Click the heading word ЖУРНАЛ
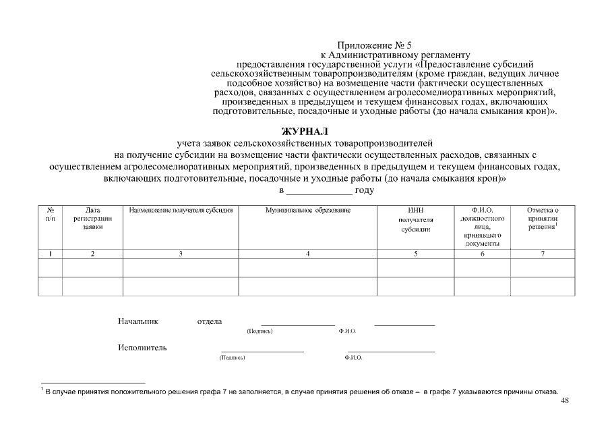(x=305, y=131)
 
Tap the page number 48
(x=565, y=401)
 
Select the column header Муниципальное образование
(x=308, y=211)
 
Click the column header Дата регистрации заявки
(x=92, y=219)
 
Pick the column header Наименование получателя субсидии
(x=181, y=211)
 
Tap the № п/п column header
(x=50, y=215)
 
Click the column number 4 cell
(x=308, y=253)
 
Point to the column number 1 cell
(x=50, y=253)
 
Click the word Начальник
(x=138, y=321)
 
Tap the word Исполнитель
(x=142, y=348)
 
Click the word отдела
(x=209, y=321)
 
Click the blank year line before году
(x=319, y=191)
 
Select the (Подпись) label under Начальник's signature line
(x=260, y=331)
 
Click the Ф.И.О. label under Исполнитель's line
(x=353, y=358)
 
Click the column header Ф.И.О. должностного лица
(x=482, y=226)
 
